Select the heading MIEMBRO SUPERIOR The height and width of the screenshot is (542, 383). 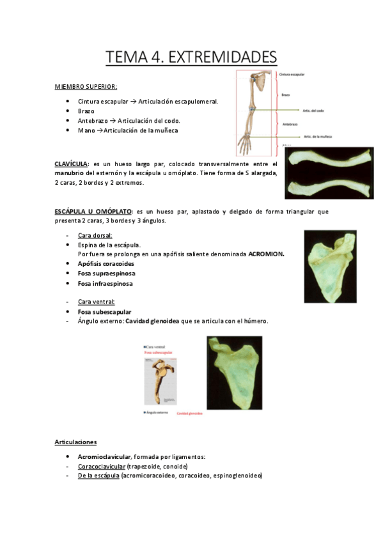86,87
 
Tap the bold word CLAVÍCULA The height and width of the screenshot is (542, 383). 70,164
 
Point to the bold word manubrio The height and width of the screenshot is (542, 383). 68,173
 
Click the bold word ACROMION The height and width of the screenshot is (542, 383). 266,254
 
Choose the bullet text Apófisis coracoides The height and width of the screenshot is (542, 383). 106,263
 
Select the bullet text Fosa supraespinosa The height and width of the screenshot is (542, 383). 106,274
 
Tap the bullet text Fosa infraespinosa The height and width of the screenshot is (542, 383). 106,283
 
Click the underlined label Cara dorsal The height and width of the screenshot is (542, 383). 95,235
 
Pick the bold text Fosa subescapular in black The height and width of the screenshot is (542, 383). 104,312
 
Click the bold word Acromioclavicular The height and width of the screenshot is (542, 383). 104,457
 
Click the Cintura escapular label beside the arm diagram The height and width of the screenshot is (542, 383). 292,74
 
